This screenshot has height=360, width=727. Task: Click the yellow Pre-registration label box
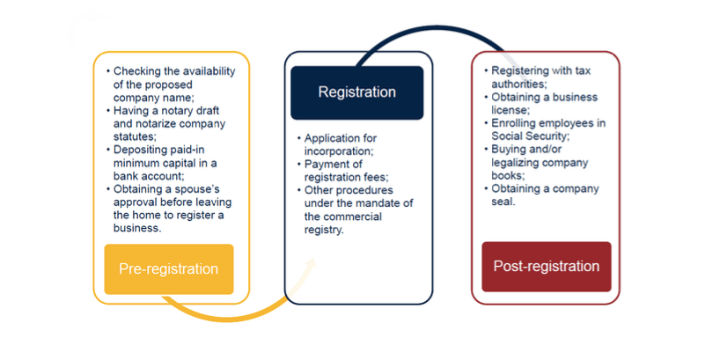pos(169,268)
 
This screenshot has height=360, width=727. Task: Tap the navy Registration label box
pos(356,92)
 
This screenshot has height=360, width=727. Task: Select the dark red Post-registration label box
pos(546,266)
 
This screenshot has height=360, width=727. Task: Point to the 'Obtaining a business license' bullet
pos(541,103)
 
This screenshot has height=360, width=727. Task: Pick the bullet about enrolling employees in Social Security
pos(546,129)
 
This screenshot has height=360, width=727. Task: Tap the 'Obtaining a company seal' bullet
pos(541,195)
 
